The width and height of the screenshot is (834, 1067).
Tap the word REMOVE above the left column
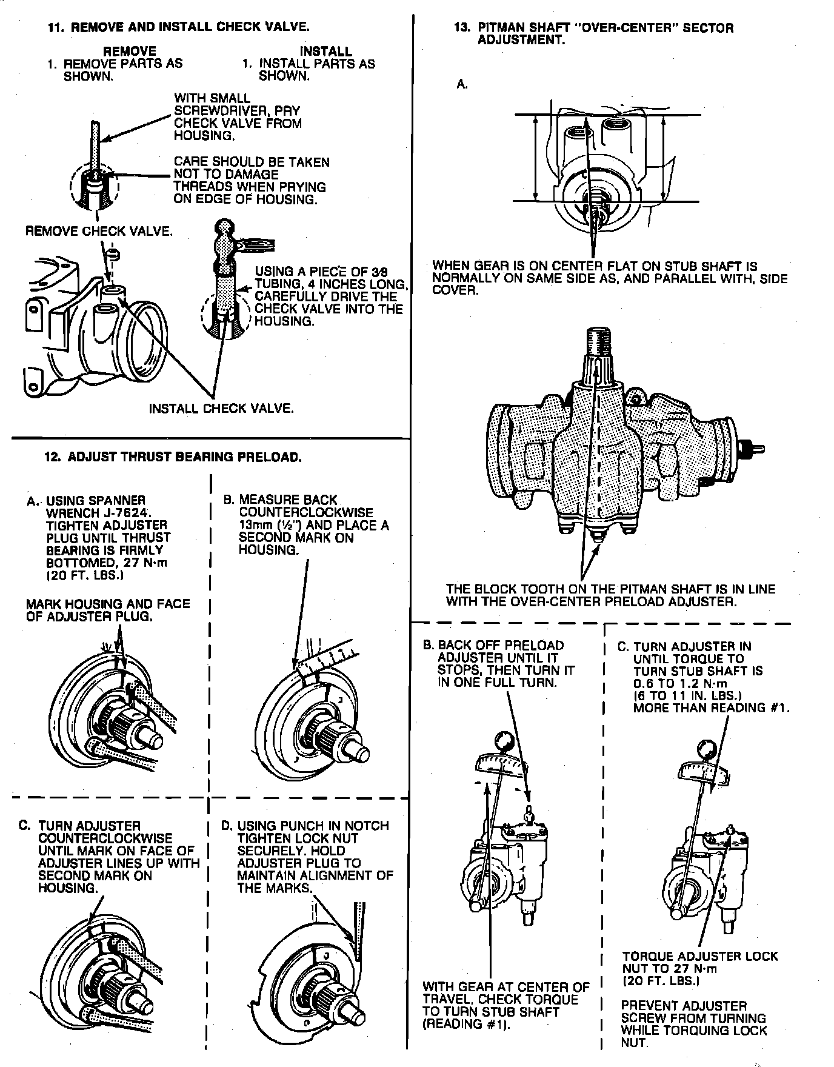(130, 52)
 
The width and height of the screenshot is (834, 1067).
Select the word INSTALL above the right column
(325, 52)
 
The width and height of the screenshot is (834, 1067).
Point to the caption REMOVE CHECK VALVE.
(99, 231)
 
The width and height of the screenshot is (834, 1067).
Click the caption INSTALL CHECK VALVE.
(221, 408)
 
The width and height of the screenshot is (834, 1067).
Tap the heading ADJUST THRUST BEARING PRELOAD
(184, 457)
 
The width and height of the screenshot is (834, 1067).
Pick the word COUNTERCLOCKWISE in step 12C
(105, 838)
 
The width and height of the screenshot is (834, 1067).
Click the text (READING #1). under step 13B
(466, 1025)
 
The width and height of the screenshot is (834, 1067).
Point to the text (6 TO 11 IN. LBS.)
(687, 696)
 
